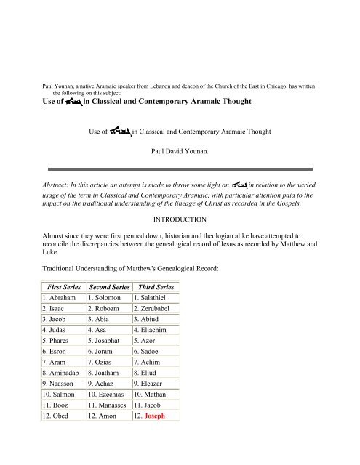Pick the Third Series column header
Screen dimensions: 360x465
pos(153,288)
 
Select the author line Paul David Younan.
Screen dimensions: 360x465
pos(179,153)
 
